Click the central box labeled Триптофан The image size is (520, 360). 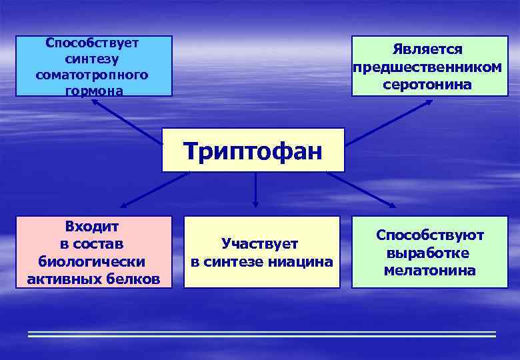[253, 151]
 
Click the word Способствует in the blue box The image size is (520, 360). [92, 43]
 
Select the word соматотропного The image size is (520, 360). [92, 74]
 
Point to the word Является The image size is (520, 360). [427, 50]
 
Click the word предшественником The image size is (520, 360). [427, 67]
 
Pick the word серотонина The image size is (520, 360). [427, 85]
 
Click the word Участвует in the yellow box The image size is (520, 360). [260, 244]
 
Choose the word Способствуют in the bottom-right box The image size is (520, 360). [430, 235]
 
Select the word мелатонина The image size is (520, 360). [430, 271]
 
